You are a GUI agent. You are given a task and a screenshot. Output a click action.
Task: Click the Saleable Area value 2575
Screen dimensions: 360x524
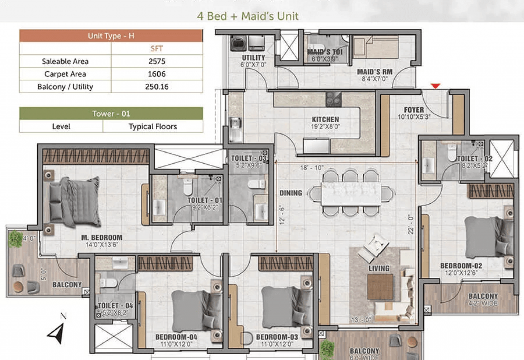pos(157,61)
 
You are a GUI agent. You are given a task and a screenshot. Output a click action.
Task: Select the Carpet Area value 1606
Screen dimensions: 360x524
pos(157,74)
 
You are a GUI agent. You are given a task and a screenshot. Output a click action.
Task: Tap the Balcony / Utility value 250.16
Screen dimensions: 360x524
pos(157,87)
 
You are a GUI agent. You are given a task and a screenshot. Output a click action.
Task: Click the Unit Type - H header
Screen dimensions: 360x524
pos(111,36)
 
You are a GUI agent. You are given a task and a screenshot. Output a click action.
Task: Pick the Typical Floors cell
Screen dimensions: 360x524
pos(153,126)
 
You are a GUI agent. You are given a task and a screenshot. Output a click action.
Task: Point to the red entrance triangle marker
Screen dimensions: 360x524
pos(436,86)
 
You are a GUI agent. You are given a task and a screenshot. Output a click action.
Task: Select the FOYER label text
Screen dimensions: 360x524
pos(414,110)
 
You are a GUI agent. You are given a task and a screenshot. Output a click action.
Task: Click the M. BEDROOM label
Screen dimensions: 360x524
pos(102,238)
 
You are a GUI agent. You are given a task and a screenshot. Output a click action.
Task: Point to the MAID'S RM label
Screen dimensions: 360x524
pos(374,72)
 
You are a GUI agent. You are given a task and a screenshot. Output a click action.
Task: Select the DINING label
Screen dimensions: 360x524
pos(291,193)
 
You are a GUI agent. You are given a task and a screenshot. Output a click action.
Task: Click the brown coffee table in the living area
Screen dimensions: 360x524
pos(380,286)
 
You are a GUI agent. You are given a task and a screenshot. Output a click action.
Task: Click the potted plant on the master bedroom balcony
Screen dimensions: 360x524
pos(16,239)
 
